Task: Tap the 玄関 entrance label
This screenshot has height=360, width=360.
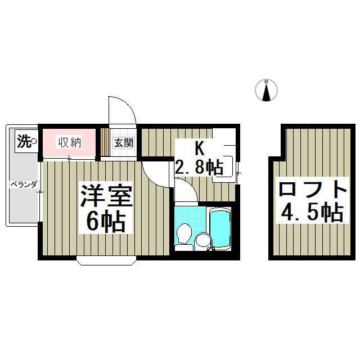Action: (124, 143)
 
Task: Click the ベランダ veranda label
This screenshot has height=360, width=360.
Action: (23, 184)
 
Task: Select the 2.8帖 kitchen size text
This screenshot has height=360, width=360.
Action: (199, 166)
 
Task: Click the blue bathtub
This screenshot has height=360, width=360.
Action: (219, 229)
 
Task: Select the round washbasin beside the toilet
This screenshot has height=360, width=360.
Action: (202, 241)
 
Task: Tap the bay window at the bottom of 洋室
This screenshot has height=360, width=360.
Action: (106, 260)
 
